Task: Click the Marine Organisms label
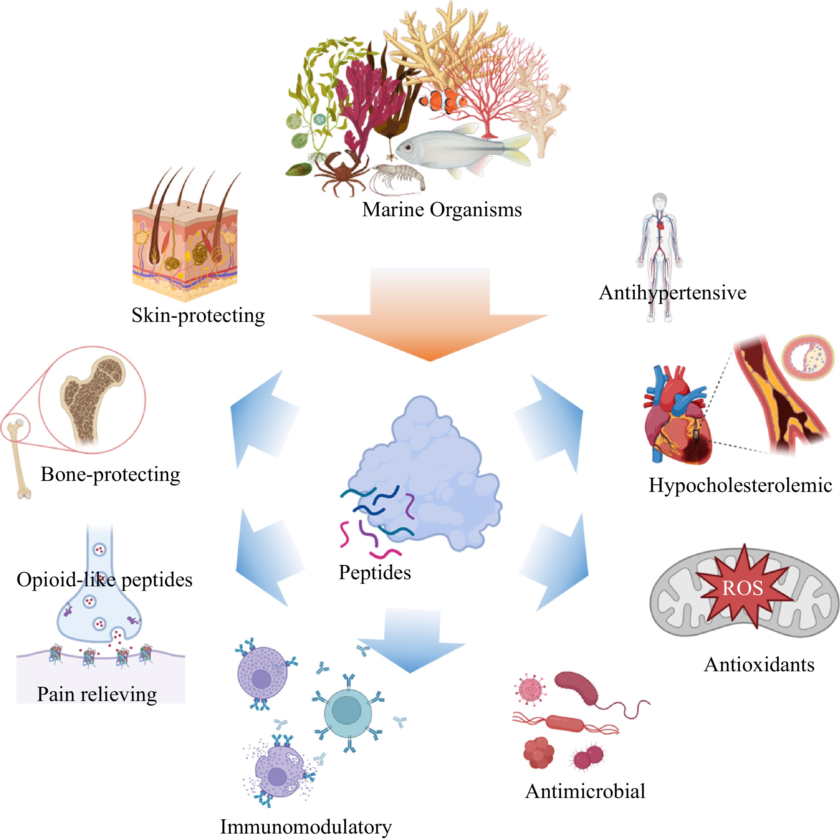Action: click(x=442, y=209)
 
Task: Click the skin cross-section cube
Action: click(x=185, y=248)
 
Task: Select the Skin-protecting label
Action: click(x=198, y=315)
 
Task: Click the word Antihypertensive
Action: click(x=673, y=292)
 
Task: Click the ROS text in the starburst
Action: click(x=743, y=589)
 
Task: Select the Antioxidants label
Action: click(x=759, y=665)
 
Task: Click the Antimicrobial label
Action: click(x=585, y=791)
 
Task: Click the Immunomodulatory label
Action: click(x=306, y=826)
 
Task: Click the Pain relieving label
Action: click(x=97, y=694)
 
